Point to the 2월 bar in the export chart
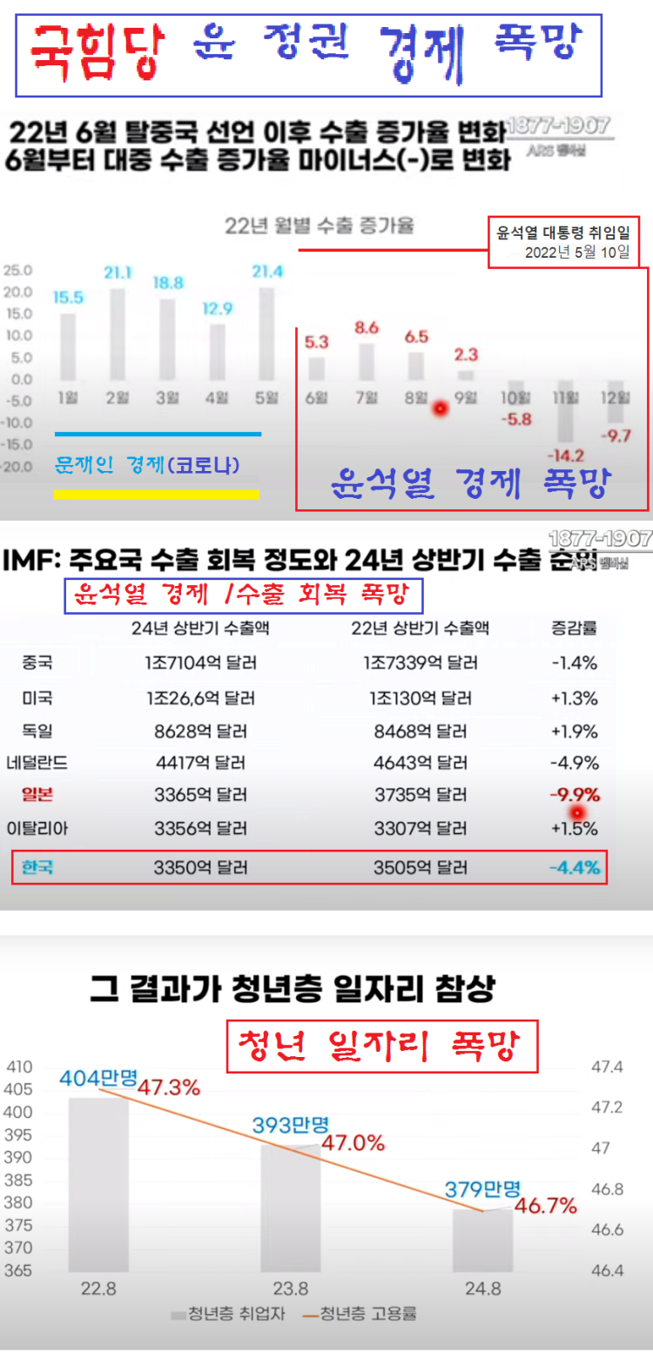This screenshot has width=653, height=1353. point(118,335)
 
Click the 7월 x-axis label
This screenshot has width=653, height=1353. point(366,398)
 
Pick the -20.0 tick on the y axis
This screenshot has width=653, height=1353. point(17,466)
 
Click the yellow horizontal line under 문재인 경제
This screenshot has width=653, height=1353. point(157,494)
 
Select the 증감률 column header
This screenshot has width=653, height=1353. point(574,628)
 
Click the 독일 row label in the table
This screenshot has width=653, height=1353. point(37,730)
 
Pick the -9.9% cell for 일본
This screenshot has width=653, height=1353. point(575,795)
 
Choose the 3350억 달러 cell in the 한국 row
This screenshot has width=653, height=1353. point(200,867)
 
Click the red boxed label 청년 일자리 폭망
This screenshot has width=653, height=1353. point(383,1047)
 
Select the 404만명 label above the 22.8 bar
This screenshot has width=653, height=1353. point(98,1077)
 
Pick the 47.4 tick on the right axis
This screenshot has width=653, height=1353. point(607,1067)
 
